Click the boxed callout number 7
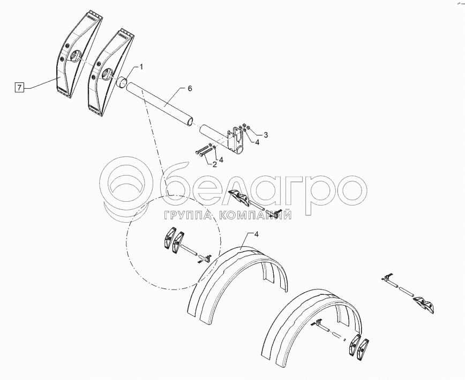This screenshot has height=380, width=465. pos(19,87)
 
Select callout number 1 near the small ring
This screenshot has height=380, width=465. pos(141,67)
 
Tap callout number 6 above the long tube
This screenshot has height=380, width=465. pos(190,88)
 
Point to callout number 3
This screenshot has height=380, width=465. pos(266,135)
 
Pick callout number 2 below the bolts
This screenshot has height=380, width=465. pos(215,164)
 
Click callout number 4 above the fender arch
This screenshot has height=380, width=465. pos(257,234)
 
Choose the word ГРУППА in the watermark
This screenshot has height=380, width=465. pos(189,215)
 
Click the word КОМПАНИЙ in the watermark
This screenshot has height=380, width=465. pos(255,215)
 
